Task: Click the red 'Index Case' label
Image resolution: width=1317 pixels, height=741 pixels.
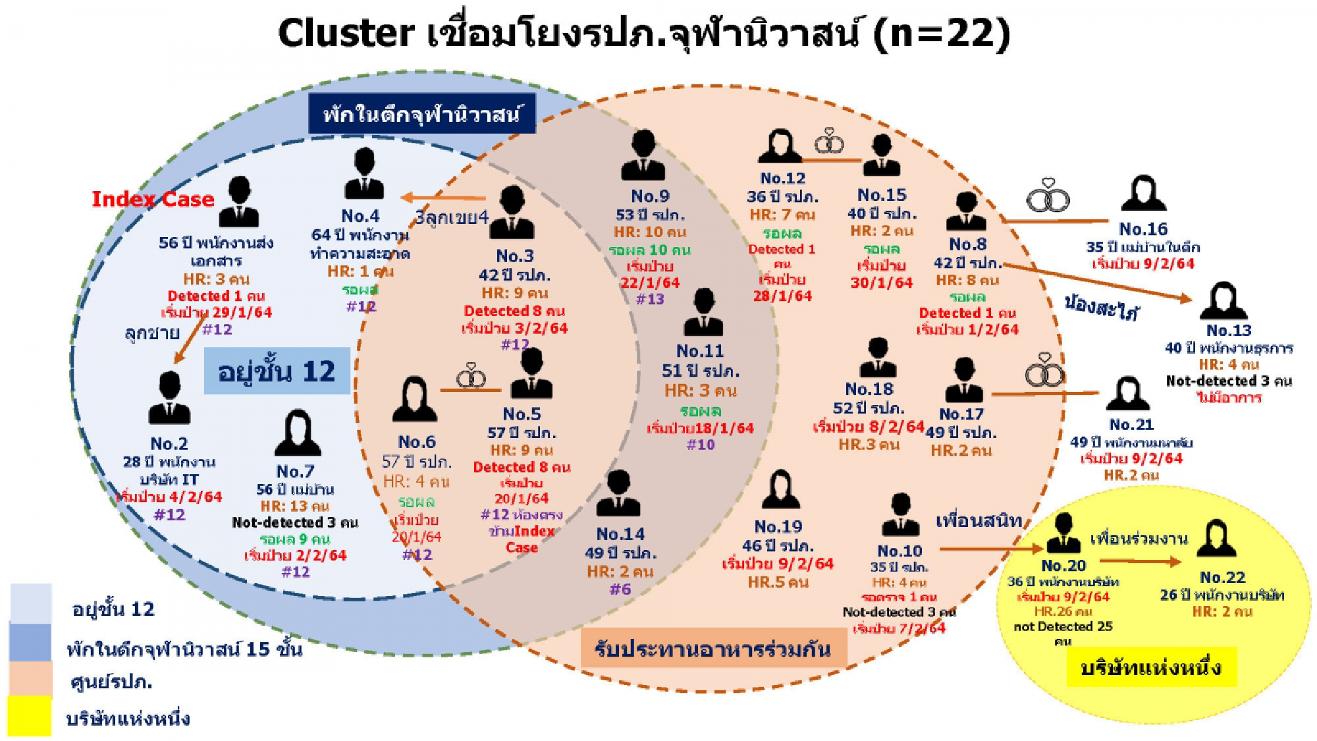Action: pyautogui.click(x=153, y=199)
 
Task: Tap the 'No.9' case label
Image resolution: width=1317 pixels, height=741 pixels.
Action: pyautogui.click(x=650, y=196)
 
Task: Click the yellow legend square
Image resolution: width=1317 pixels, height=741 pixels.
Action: pyautogui.click(x=30, y=716)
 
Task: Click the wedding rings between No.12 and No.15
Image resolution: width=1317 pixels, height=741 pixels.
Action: pyautogui.click(x=829, y=142)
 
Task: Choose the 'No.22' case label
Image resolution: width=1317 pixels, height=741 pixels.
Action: pyautogui.click(x=1222, y=577)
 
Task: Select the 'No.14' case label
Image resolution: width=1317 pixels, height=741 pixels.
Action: pyautogui.click(x=620, y=534)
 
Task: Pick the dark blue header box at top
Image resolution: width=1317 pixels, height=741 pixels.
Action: pyautogui.click(x=421, y=114)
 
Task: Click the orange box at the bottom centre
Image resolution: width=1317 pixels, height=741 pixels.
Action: pyautogui.click(x=713, y=648)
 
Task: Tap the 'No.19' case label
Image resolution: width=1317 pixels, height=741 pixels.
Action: pyautogui.click(x=778, y=526)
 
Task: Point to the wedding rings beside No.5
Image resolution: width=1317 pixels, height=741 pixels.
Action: pyautogui.click(x=471, y=375)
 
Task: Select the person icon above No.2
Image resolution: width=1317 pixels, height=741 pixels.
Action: pyautogui.click(x=169, y=397)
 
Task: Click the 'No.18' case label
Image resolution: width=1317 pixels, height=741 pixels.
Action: pyautogui.click(x=869, y=389)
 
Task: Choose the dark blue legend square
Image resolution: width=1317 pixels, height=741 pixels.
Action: pyautogui.click(x=30, y=642)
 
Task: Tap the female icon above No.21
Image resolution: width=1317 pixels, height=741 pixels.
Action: pyautogui.click(x=1129, y=394)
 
